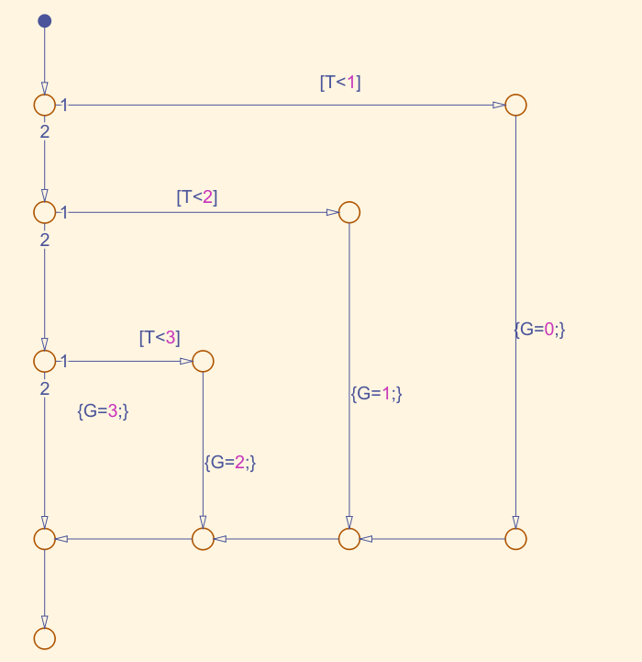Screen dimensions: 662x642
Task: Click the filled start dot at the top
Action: pyautogui.click(x=44, y=21)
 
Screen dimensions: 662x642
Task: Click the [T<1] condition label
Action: pyautogui.click(x=340, y=83)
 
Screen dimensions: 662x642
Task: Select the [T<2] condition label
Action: pyautogui.click(x=197, y=196)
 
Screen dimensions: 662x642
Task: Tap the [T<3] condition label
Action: pyautogui.click(x=160, y=338)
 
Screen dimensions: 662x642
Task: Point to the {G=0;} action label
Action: pyautogui.click(x=539, y=329)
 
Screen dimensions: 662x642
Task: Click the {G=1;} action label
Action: pyautogui.click(x=377, y=393)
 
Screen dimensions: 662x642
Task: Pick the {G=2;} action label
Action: pyautogui.click(x=229, y=462)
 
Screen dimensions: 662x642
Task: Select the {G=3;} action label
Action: pyautogui.click(x=103, y=411)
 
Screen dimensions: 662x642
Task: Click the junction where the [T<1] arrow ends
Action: pyautogui.click(x=515, y=105)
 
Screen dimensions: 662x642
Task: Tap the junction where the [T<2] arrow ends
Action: pyautogui.click(x=349, y=212)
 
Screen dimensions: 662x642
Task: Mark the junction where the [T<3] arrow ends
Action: pyautogui.click(x=203, y=361)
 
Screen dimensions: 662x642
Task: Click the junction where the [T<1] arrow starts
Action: pyautogui.click(x=44, y=105)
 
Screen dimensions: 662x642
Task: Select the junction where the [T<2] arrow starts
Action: pyautogui.click(x=44, y=212)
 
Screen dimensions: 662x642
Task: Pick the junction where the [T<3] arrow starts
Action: pyautogui.click(x=44, y=361)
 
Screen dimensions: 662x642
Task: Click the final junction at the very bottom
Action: pyautogui.click(x=44, y=637)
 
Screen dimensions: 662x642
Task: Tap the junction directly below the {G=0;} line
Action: pyautogui.click(x=515, y=538)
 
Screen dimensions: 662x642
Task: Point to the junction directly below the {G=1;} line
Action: pyautogui.click(x=349, y=538)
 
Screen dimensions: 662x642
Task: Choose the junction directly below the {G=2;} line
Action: pyautogui.click(x=203, y=538)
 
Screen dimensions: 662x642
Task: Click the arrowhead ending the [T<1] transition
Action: pyautogui.click(x=499, y=105)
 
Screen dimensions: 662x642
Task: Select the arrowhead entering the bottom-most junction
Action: pyautogui.click(x=44, y=621)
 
